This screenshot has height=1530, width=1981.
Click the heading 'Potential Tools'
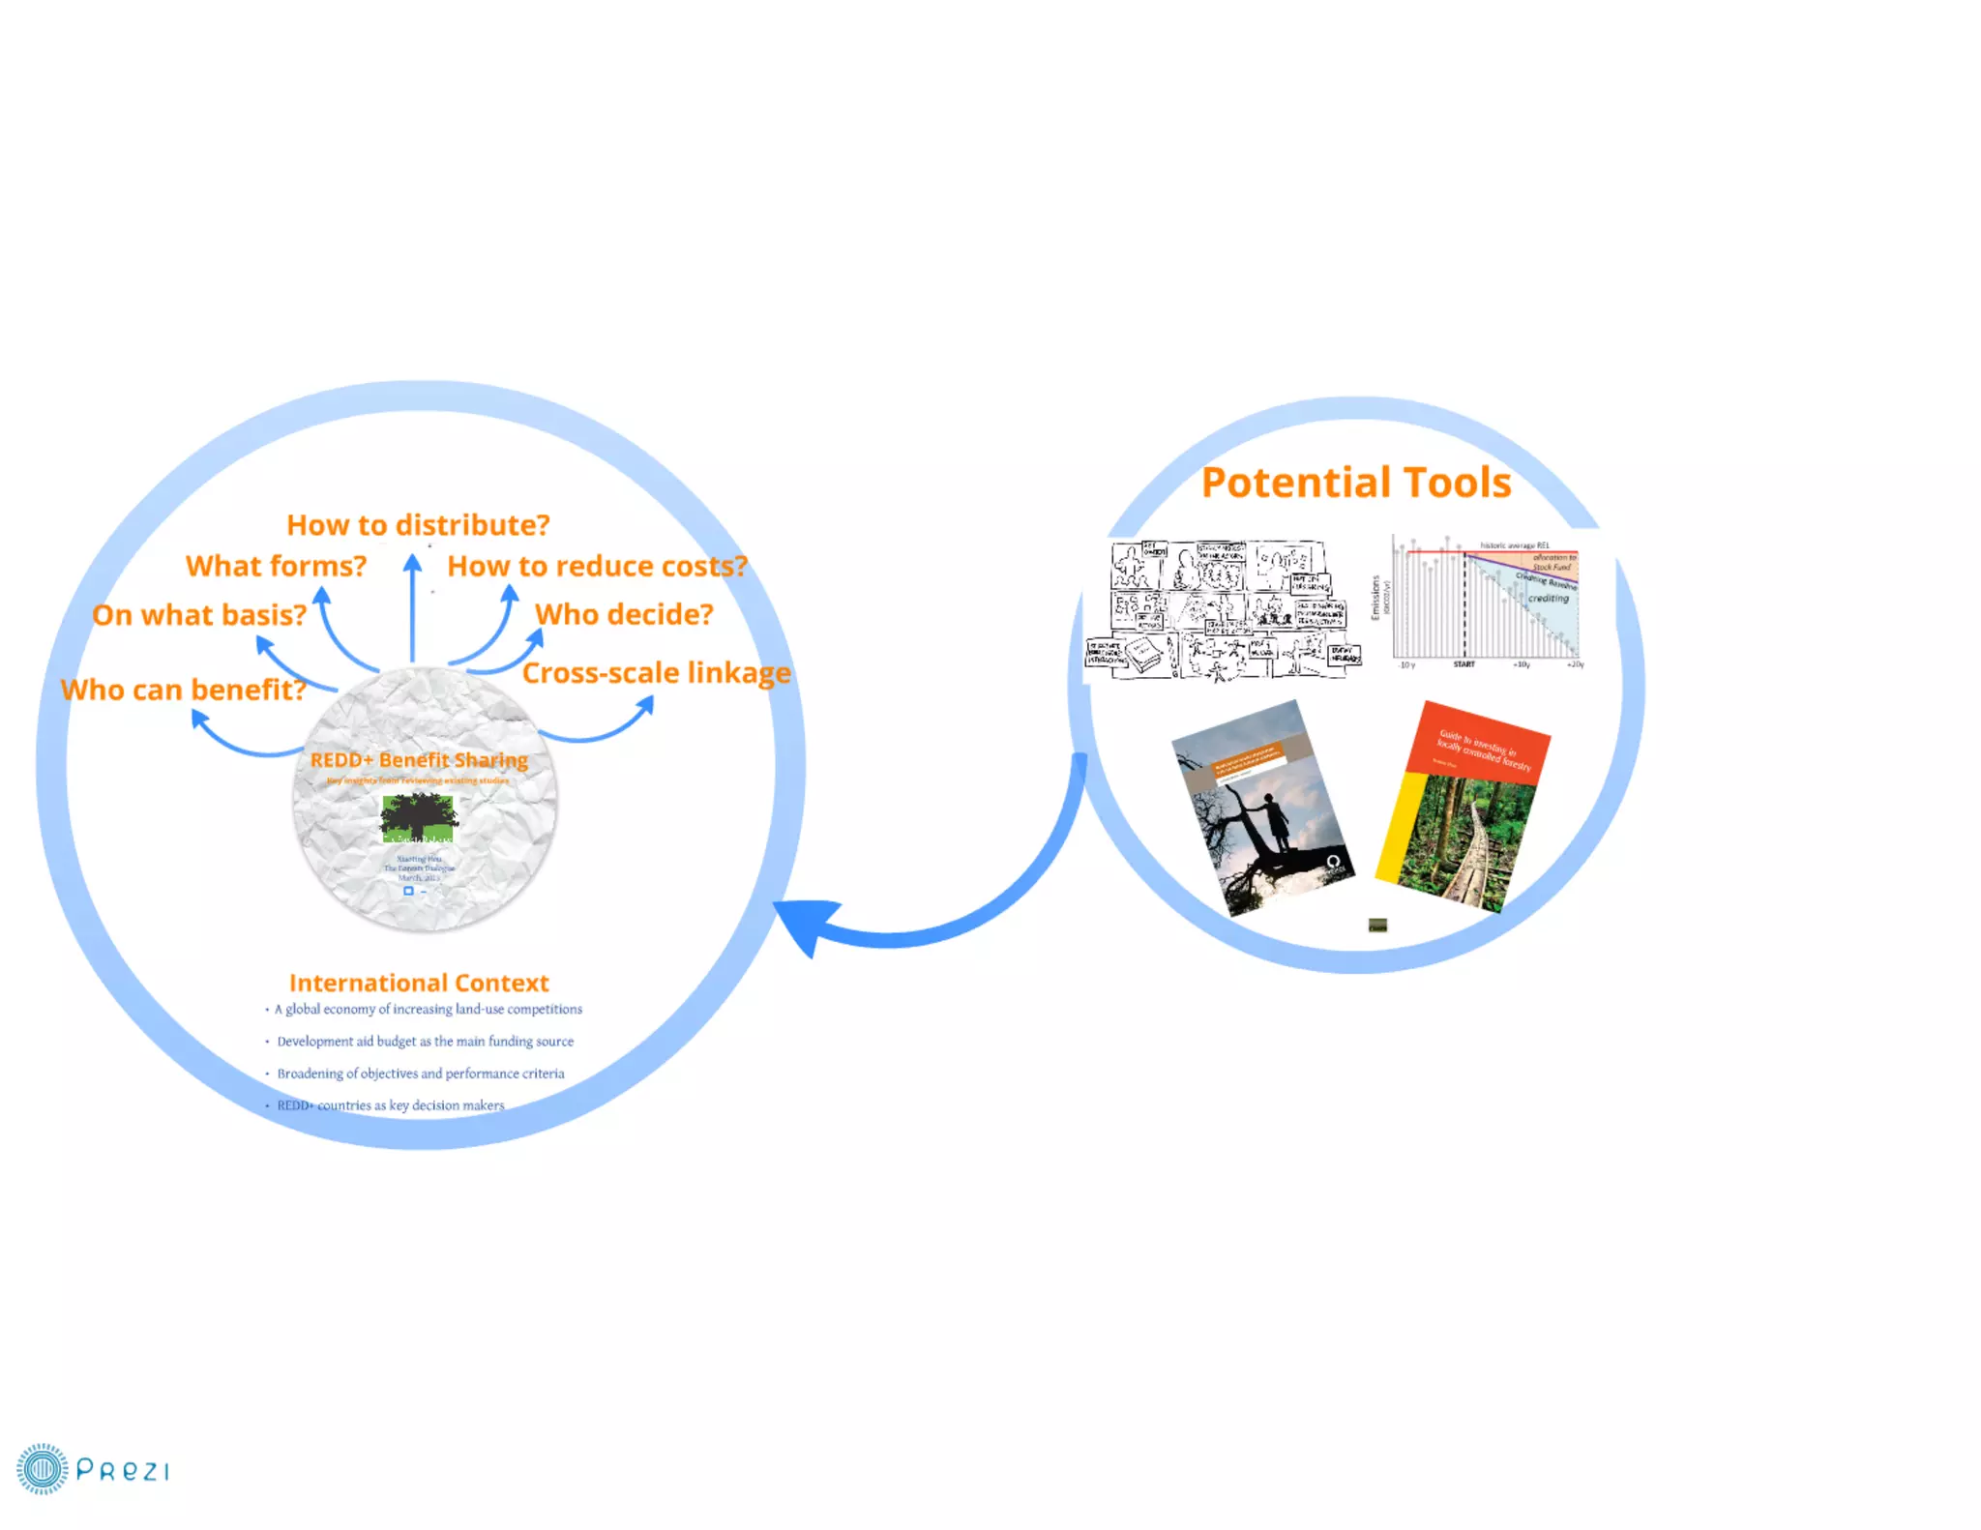pyautogui.click(x=1355, y=483)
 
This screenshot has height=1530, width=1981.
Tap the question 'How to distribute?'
pyautogui.click(x=418, y=525)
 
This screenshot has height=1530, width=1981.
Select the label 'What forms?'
pyautogui.click(x=276, y=566)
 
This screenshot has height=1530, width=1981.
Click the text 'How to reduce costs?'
pyautogui.click(x=597, y=566)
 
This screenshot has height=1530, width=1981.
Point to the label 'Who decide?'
pyautogui.click(x=624, y=614)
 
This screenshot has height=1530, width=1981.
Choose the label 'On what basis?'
pyautogui.click(x=199, y=615)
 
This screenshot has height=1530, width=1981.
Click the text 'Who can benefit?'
pyautogui.click(x=183, y=690)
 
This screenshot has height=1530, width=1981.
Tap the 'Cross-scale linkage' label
pyautogui.click(x=656, y=673)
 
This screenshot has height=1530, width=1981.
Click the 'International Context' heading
pyautogui.click(x=419, y=983)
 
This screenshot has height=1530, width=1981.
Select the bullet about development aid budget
pyautogui.click(x=425, y=1042)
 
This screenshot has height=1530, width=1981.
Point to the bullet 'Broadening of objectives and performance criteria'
pyautogui.click(x=420, y=1074)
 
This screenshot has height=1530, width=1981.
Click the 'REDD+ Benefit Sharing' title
pyautogui.click(x=419, y=760)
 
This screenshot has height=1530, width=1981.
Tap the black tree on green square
pyautogui.click(x=418, y=817)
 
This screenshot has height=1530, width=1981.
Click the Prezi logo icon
pyautogui.click(x=43, y=1469)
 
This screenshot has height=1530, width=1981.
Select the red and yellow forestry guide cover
pyautogui.click(x=1462, y=806)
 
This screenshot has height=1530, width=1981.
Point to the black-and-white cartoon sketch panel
pyautogui.click(x=1224, y=609)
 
